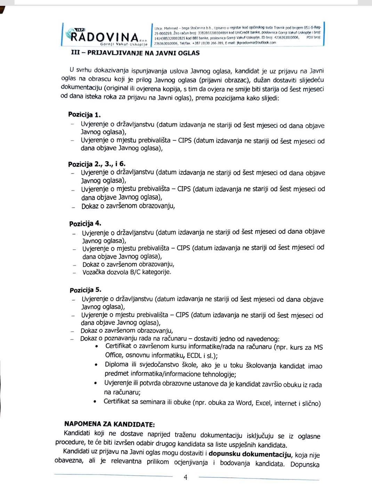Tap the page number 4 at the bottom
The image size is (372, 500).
click(x=185, y=477)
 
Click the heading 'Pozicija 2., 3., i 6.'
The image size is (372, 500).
click(x=98, y=164)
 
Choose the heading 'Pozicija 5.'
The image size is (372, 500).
click(x=86, y=290)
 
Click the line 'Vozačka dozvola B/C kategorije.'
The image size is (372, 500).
click(x=127, y=272)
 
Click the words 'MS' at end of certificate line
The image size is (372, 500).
click(x=318, y=347)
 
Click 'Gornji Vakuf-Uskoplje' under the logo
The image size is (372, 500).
click(x=124, y=44)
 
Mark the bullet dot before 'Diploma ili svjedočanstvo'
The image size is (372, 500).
click(x=96, y=365)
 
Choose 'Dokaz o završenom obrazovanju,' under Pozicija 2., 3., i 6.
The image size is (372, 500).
click(x=128, y=206)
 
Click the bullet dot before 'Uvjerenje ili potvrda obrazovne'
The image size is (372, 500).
click(x=96, y=384)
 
